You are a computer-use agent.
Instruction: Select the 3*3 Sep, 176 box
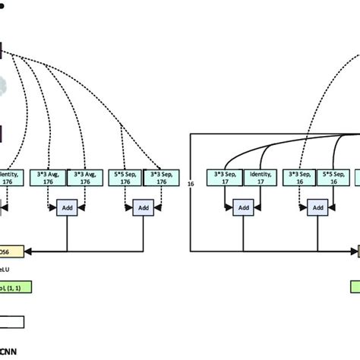[162, 178]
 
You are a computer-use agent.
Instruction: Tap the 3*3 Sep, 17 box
[226, 178]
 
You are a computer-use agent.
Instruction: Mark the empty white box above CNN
[12, 321]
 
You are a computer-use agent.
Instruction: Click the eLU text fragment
[6, 268]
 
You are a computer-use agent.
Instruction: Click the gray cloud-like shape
[3, 85]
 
